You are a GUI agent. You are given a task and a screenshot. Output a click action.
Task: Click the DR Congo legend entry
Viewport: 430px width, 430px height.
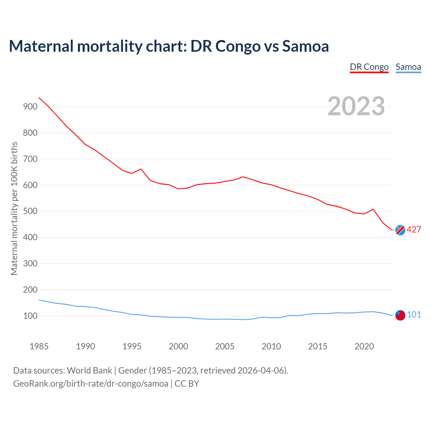369,67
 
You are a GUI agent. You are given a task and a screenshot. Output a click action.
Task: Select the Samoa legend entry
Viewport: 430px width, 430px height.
408,67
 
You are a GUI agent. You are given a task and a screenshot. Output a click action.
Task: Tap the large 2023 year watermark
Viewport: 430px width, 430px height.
356,106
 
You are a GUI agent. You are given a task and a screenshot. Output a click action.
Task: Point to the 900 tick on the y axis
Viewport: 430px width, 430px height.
30,107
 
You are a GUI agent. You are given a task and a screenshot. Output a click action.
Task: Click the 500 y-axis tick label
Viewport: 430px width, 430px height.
30,211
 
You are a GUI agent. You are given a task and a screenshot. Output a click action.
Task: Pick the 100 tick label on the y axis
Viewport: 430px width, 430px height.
30,316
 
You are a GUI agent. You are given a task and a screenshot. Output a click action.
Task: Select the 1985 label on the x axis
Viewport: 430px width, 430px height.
39,346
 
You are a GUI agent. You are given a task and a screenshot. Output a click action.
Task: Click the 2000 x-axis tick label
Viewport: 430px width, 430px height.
178,346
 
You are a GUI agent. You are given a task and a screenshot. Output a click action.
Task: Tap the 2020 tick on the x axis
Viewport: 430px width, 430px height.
364,346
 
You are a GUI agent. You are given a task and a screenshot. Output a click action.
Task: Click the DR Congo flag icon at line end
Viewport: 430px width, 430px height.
400,230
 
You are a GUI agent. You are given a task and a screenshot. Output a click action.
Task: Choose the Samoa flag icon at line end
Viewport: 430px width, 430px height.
400,315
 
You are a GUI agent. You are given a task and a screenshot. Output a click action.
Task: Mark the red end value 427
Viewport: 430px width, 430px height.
414,229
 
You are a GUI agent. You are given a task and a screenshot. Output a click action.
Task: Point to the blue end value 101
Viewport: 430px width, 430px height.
414,314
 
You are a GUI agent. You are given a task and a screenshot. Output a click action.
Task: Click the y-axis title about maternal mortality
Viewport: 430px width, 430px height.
14,208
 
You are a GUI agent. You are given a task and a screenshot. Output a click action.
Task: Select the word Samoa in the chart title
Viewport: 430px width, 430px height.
305,46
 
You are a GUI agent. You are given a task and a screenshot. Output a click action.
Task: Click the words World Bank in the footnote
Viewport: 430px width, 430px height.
89,371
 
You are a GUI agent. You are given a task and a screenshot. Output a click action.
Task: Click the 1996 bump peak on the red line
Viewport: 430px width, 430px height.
141,169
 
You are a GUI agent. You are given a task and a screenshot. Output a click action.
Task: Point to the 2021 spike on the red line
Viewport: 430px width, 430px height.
373,209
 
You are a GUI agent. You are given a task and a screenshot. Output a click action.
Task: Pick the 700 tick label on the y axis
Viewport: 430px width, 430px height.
30,159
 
